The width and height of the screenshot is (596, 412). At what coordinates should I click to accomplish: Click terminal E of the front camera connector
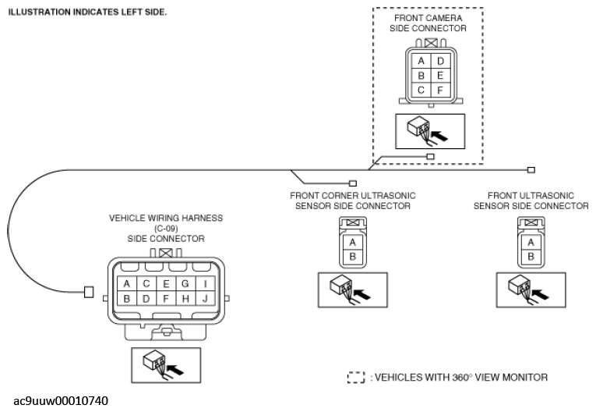click(x=440, y=76)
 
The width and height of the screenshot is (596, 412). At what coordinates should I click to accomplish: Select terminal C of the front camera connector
click(x=421, y=91)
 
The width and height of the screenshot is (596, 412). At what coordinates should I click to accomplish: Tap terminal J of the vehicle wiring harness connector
click(x=205, y=299)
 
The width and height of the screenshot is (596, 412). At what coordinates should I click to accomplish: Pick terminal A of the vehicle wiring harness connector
click(x=126, y=284)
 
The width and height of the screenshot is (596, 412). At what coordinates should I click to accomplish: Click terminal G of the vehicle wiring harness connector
click(x=185, y=284)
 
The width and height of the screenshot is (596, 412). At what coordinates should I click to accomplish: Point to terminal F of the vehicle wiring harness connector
click(x=166, y=299)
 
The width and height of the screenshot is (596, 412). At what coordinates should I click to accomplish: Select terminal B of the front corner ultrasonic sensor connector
click(x=353, y=257)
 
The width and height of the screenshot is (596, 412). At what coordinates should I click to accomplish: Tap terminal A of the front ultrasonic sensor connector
click(x=531, y=242)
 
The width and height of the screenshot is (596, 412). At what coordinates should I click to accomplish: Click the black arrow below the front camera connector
click(x=439, y=135)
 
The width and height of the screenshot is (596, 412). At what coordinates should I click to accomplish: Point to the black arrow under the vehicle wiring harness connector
click(x=175, y=369)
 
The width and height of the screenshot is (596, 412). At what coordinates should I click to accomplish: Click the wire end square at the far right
click(x=531, y=170)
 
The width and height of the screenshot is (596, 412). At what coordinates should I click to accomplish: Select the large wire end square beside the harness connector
click(x=89, y=292)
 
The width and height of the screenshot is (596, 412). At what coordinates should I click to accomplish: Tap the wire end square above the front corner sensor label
click(x=353, y=183)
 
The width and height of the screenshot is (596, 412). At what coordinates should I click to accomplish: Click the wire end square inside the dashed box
click(x=430, y=156)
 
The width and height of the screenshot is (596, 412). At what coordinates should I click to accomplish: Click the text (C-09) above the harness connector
click(x=166, y=229)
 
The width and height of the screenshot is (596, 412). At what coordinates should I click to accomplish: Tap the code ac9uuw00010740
click(x=61, y=400)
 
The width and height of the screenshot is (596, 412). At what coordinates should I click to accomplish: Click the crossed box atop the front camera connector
click(x=431, y=43)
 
